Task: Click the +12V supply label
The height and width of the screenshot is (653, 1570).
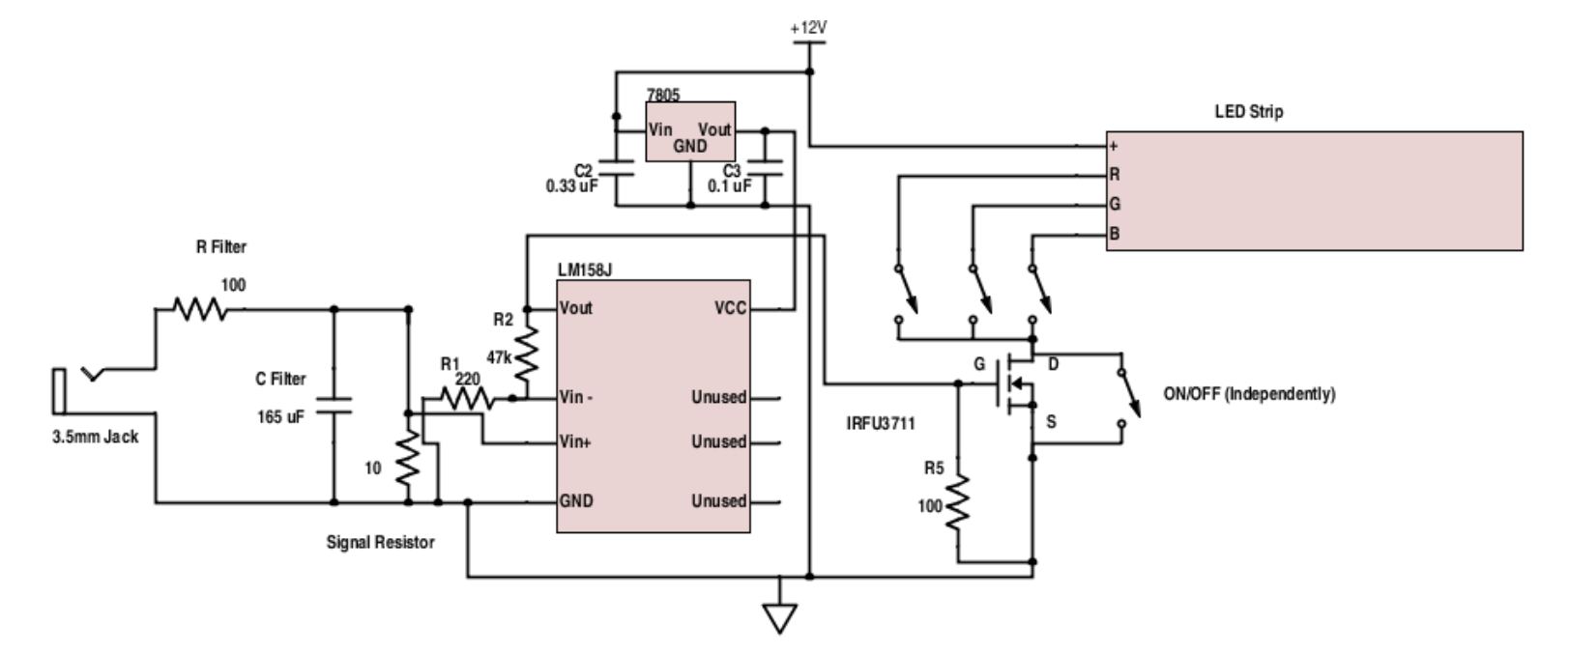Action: tap(808, 28)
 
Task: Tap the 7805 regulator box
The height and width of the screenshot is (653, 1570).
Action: tap(689, 132)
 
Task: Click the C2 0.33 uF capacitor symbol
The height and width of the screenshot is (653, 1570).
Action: tap(614, 168)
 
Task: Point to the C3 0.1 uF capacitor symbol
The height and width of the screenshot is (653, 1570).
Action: tap(765, 168)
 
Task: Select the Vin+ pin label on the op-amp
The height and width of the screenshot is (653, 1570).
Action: tap(576, 442)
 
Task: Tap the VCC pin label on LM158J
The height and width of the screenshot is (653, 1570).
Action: tap(730, 309)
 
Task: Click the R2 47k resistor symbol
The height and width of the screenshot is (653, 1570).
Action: tap(526, 355)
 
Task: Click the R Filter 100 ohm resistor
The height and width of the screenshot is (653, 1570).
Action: tap(200, 310)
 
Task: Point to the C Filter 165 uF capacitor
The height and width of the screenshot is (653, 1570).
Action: tap(334, 405)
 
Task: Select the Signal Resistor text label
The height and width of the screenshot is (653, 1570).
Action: tap(380, 543)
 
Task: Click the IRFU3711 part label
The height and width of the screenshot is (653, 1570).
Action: tap(881, 423)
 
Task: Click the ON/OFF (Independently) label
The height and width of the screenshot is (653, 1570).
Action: tap(1249, 394)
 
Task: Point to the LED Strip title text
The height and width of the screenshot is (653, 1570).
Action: tap(1249, 112)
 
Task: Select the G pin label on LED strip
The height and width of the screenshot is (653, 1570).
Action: tap(1115, 205)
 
